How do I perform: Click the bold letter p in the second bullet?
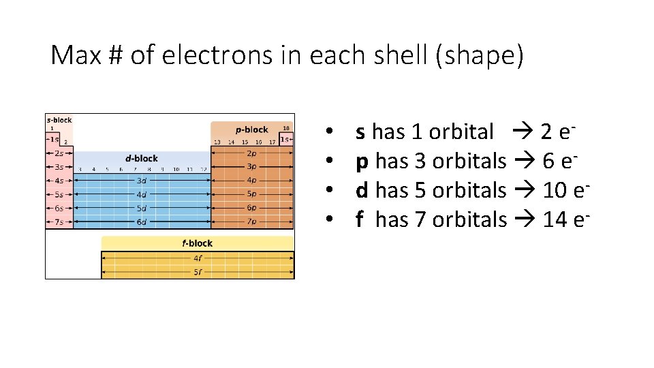(x=362, y=162)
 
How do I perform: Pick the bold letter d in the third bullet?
(x=362, y=190)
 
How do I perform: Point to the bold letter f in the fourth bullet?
(x=359, y=219)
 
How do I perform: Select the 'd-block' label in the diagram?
(x=141, y=158)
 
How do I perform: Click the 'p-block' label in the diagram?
(x=251, y=129)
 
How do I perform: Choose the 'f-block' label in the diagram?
(x=197, y=243)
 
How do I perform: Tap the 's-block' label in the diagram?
(x=59, y=120)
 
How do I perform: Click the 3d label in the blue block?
(x=141, y=181)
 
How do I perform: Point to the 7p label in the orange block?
(x=251, y=221)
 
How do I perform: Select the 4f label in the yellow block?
(x=197, y=258)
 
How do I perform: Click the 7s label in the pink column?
(x=59, y=221)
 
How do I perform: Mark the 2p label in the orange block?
(x=251, y=153)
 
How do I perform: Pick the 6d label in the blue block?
(x=141, y=221)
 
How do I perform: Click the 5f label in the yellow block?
(x=197, y=271)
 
